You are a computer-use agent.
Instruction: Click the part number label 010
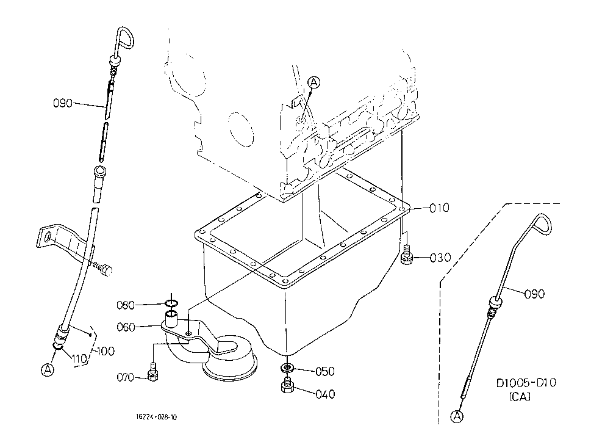pyautogui.click(x=440, y=208)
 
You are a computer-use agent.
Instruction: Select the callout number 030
pyautogui.click(x=440, y=258)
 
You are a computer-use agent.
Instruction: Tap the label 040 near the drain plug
pyautogui.click(x=325, y=394)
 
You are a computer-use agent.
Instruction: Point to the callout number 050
pyautogui.click(x=325, y=372)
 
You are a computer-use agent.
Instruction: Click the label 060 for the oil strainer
pyautogui.click(x=126, y=327)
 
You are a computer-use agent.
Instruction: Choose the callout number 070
pyautogui.click(x=126, y=377)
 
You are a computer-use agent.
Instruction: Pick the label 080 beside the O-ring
pyautogui.click(x=126, y=305)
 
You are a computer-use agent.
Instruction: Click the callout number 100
pyautogui.click(x=106, y=352)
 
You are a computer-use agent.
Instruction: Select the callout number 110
pyautogui.click(x=79, y=359)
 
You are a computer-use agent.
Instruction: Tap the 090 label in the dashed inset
pyautogui.click(x=534, y=294)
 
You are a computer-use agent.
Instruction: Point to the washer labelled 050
pyautogui.click(x=286, y=367)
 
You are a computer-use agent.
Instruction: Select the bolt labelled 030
pyautogui.click(x=406, y=255)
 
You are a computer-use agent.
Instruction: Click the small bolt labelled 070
pyautogui.click(x=153, y=372)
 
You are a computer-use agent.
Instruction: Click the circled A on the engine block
pyautogui.click(x=315, y=82)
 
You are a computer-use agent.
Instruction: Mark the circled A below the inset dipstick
pyautogui.click(x=457, y=416)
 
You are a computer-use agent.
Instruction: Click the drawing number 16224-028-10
pyautogui.click(x=156, y=417)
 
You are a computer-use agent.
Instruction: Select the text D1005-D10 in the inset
pyautogui.click(x=526, y=383)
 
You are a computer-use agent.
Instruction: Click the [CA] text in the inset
pyautogui.click(x=520, y=397)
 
